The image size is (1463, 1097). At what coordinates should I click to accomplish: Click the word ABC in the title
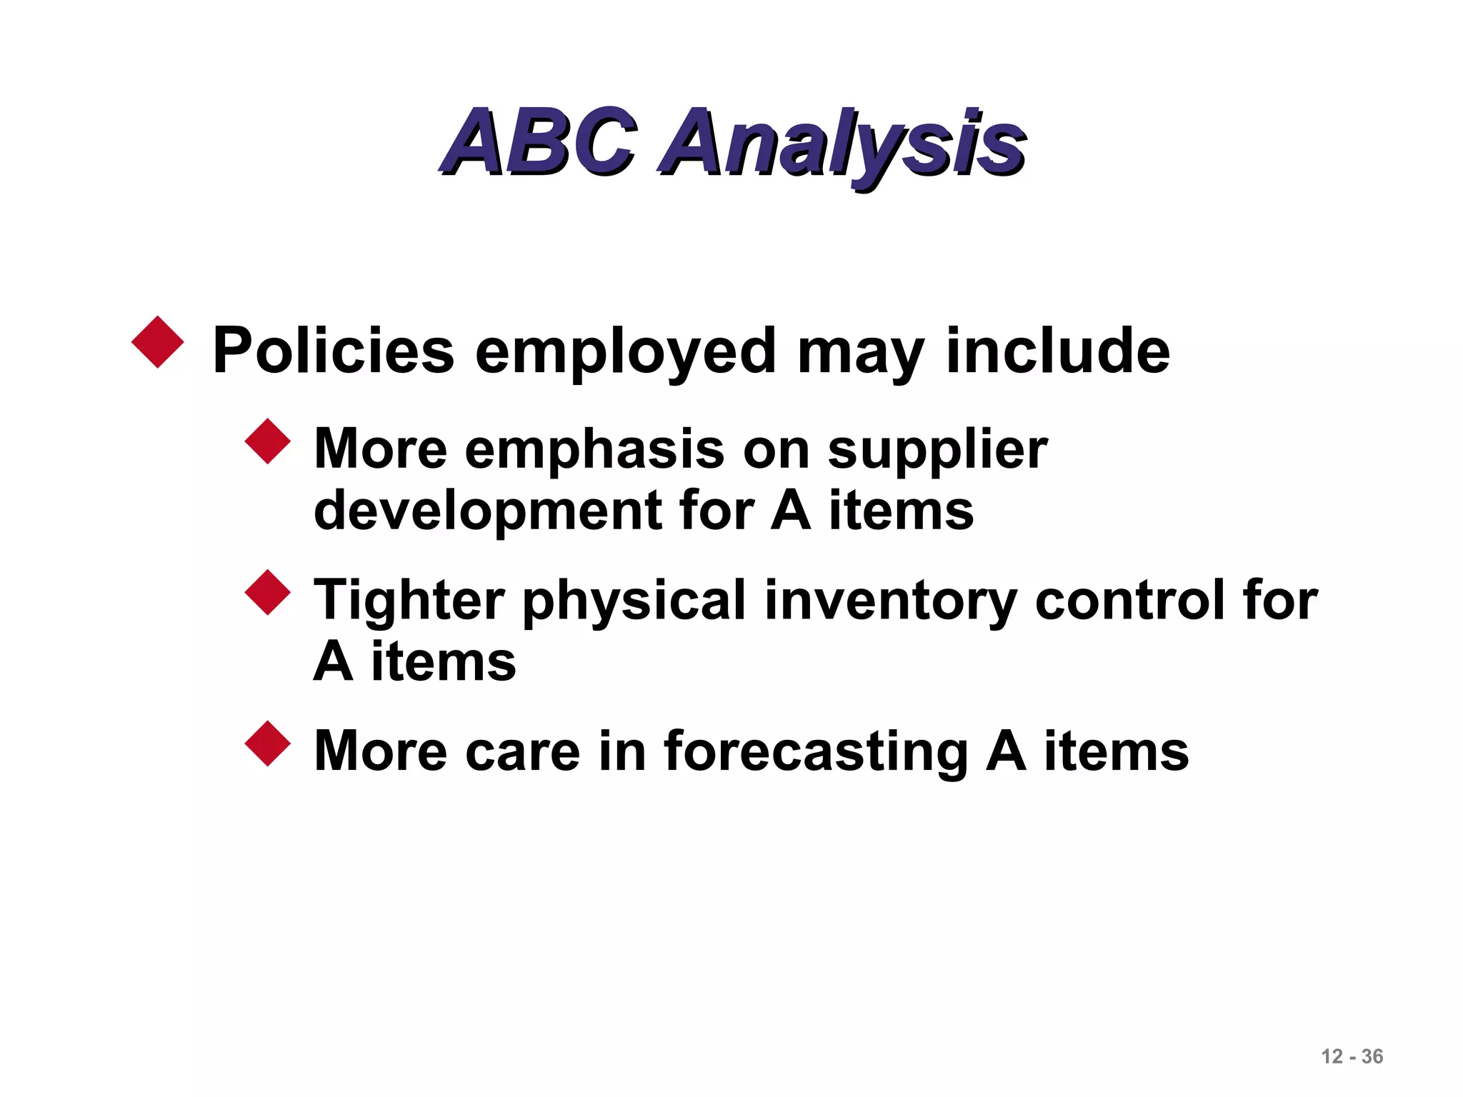(x=537, y=142)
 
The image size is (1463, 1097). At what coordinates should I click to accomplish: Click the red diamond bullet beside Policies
(x=157, y=343)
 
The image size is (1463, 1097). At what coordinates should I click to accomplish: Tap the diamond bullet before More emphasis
(x=267, y=441)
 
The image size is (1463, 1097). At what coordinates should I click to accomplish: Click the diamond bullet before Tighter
(x=267, y=593)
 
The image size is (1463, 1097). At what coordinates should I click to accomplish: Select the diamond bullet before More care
(x=267, y=743)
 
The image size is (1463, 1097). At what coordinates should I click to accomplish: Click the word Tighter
(x=409, y=601)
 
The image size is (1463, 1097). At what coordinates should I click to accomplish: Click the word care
(x=522, y=752)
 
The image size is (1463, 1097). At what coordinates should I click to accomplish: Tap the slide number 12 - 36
(x=1352, y=1056)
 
